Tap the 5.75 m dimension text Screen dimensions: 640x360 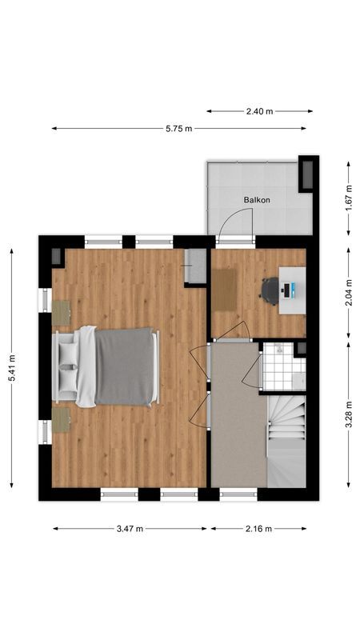point(178,128)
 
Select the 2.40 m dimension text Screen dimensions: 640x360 point(259,111)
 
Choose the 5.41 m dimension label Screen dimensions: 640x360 point(11,367)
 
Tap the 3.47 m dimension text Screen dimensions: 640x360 point(129,528)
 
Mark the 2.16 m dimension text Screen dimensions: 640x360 point(258,528)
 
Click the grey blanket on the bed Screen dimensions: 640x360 point(126,366)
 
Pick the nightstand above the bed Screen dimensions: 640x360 point(62,312)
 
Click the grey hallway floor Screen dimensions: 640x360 point(237,416)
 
